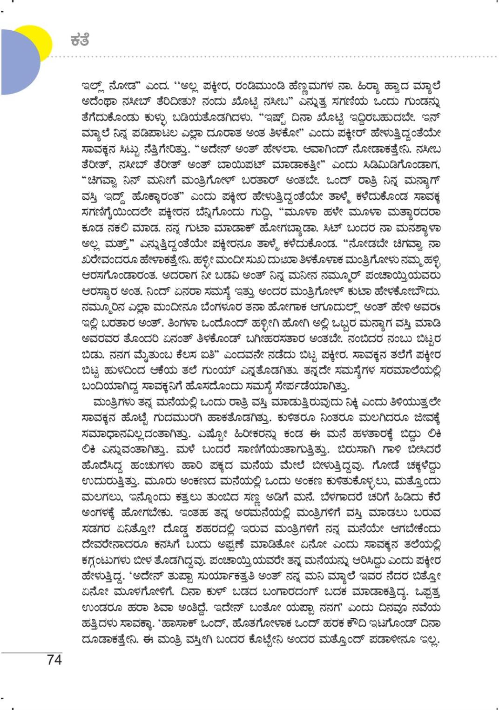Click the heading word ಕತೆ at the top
coord(79,41)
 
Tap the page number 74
coord(54,660)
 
